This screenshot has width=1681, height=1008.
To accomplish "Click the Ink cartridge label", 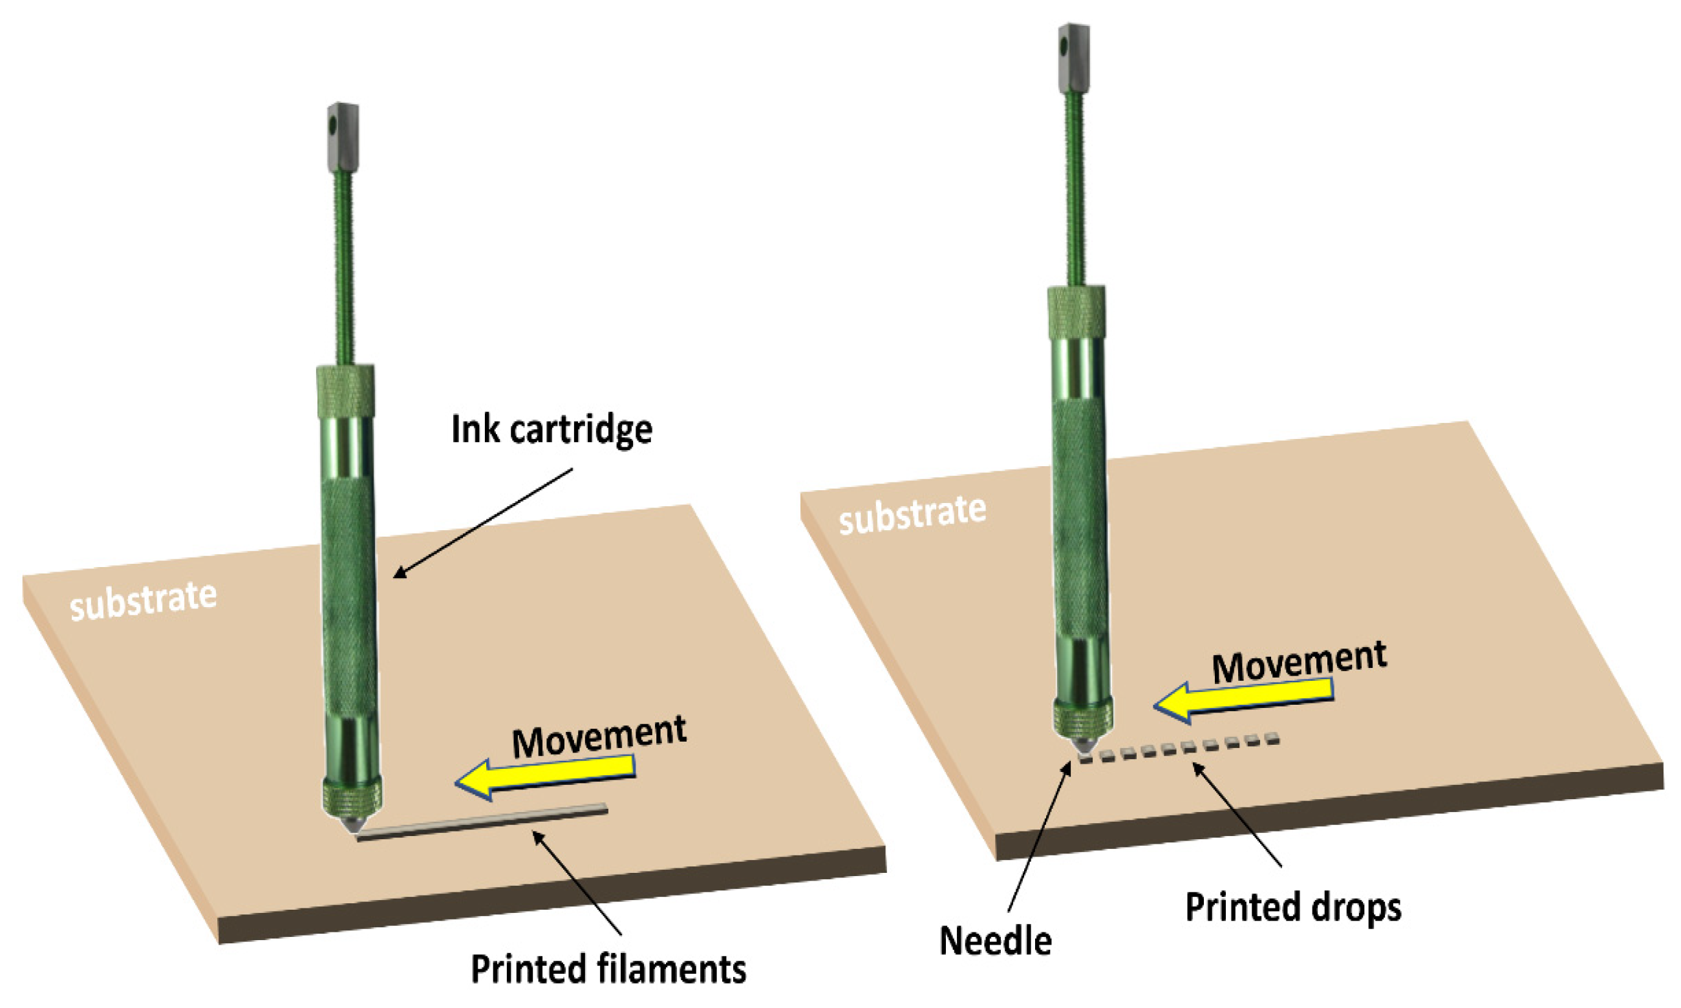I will (551, 429).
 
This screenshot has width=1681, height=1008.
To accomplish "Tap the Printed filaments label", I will (608, 969).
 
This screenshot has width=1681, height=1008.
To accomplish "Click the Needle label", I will (996, 941).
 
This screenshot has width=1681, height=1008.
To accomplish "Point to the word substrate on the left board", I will (144, 601).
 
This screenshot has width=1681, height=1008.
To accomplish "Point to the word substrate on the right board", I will (912, 514).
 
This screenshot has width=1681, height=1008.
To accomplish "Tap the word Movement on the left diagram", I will (599, 737).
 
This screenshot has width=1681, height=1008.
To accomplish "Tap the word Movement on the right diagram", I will (1300, 662).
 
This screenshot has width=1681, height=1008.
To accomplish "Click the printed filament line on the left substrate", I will (482, 822).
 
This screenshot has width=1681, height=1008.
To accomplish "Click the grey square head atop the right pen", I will (1074, 58).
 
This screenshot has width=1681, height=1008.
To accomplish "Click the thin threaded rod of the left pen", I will (345, 272).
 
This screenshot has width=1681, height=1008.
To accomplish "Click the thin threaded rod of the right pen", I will (1075, 190).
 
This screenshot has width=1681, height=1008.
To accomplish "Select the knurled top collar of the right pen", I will (1076, 312).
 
